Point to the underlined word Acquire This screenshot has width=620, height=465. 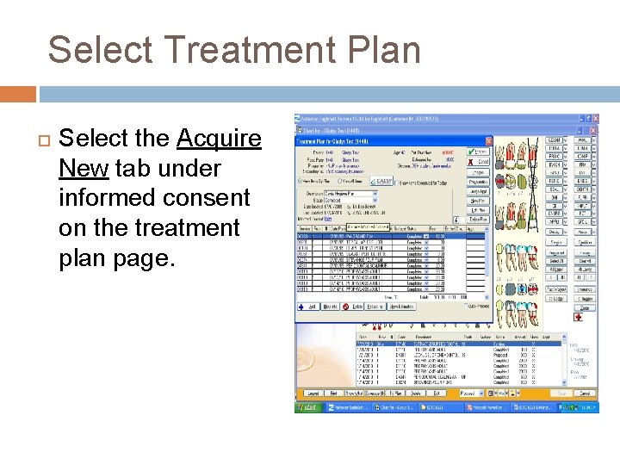[x=219, y=138]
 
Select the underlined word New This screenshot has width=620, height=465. [x=84, y=168]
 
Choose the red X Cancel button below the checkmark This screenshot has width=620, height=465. [x=479, y=161]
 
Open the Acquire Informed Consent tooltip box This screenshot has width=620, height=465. [x=368, y=227]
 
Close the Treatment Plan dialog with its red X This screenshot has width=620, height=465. [x=488, y=140]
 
